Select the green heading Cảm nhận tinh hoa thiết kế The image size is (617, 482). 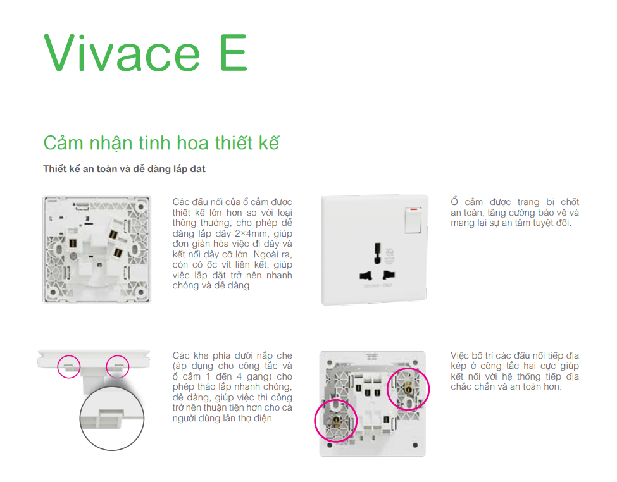[161, 143]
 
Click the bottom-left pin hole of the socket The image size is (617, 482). [365, 275]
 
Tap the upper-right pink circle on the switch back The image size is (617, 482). [408, 388]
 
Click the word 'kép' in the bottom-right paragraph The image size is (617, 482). [459, 366]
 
